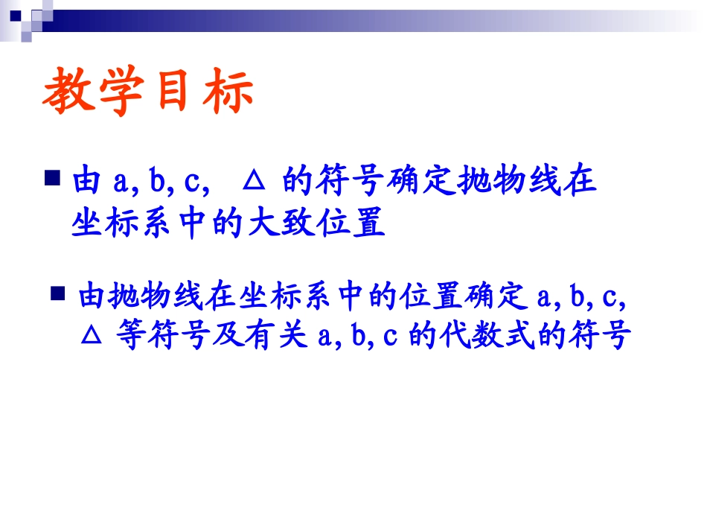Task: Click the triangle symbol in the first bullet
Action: coord(255,180)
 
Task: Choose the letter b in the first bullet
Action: coord(156,181)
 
